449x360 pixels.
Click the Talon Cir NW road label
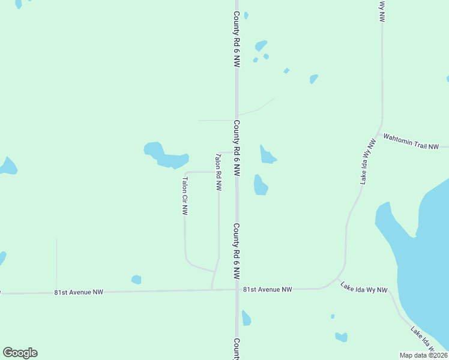(185, 196)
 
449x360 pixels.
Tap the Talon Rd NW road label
(218, 172)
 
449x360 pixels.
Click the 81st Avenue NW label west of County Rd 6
(79, 292)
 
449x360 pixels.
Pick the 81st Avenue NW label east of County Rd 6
(267, 289)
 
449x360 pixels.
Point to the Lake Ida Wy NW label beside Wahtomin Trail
(368, 161)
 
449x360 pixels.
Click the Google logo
(20, 353)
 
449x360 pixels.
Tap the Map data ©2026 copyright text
(423, 355)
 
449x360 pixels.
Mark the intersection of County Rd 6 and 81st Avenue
(237, 290)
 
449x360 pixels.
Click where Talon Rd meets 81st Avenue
(212, 290)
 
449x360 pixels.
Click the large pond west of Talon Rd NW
(166, 155)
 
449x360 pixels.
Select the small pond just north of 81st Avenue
(136, 280)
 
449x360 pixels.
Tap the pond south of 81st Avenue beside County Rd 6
(246, 318)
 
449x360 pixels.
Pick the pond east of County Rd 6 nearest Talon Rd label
(267, 155)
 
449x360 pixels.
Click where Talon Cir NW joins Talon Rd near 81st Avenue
(215, 271)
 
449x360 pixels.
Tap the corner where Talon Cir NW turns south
(185, 173)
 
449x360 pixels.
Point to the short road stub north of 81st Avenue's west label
(56, 264)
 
